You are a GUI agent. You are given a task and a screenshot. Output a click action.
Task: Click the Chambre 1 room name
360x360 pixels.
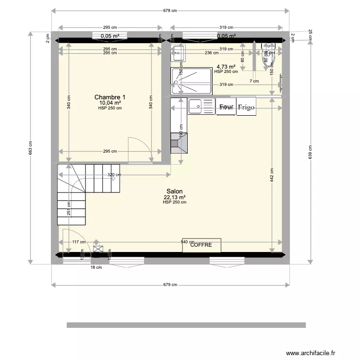tap(110, 97)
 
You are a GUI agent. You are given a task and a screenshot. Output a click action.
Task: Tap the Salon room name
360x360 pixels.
tap(174, 191)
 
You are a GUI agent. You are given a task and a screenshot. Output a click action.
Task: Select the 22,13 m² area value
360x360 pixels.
tap(174, 197)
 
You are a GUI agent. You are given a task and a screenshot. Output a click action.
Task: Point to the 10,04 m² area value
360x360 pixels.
tap(110, 103)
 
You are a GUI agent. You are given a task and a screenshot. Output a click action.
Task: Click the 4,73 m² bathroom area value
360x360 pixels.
tap(226, 67)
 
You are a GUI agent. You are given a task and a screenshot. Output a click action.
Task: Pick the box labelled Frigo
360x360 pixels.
tap(246, 108)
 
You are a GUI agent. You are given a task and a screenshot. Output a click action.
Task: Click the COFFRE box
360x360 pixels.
tap(201, 245)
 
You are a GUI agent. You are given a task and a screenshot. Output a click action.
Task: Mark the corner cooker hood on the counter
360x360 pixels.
tap(179, 144)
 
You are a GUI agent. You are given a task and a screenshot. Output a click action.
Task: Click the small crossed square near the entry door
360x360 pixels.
tap(98, 249)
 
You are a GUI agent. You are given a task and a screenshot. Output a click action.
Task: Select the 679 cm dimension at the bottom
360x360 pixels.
tap(170, 285)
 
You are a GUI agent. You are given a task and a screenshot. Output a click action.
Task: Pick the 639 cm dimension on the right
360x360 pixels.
tap(310, 152)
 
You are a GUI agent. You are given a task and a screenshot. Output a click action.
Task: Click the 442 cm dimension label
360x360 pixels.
tap(272, 175)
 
